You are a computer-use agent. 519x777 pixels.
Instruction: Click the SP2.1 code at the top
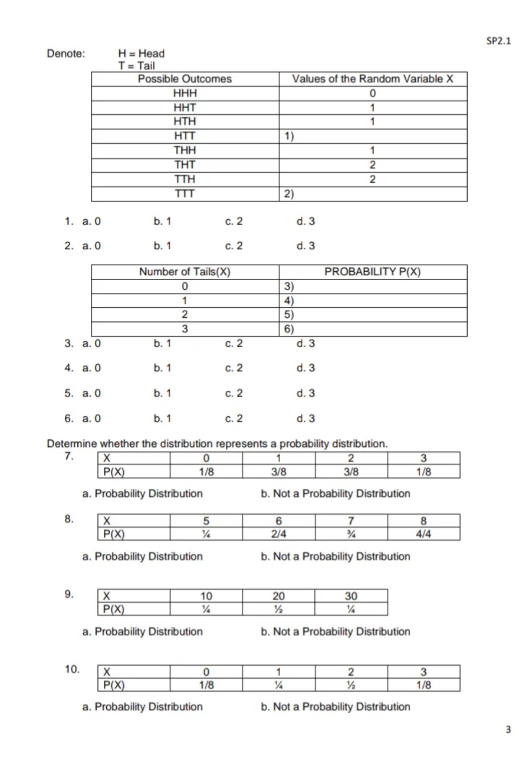(498, 41)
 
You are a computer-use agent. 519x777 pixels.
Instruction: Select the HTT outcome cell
(185, 136)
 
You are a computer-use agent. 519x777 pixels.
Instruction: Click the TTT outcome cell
(185, 194)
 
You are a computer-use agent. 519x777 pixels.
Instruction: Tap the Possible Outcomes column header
(185, 79)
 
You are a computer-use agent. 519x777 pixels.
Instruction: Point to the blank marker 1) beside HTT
(289, 136)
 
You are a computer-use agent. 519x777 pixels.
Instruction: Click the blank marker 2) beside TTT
(289, 194)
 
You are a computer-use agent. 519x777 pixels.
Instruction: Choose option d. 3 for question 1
(306, 222)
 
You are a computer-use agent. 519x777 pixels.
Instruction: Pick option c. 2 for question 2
(234, 246)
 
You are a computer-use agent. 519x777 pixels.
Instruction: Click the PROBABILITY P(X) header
(372, 272)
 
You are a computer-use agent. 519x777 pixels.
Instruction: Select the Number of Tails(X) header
(185, 272)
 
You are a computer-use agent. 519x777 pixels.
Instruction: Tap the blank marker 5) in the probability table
(289, 315)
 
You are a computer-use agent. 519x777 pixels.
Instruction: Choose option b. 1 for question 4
(162, 368)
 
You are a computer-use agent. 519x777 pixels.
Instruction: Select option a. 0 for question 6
(91, 419)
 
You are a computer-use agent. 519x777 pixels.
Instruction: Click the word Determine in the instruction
(71, 444)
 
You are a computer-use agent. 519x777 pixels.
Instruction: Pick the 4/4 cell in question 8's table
(423, 534)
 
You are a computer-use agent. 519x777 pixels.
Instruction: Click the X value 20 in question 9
(278, 596)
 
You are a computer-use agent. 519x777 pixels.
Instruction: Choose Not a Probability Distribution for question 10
(335, 707)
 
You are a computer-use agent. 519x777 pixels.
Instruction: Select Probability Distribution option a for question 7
(142, 493)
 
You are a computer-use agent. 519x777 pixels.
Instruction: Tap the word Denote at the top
(65, 53)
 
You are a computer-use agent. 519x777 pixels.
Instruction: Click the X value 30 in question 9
(351, 596)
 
